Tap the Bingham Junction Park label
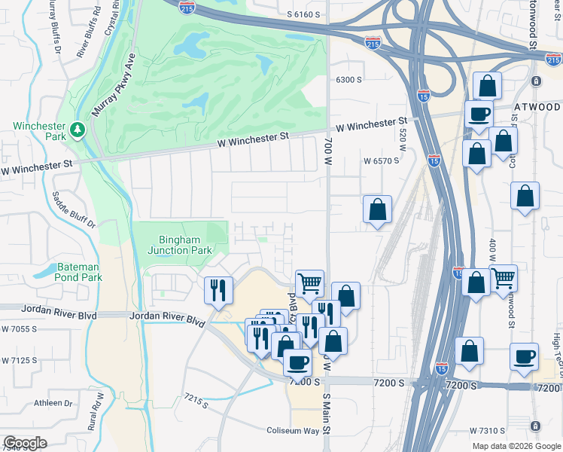pyautogui.click(x=179, y=244)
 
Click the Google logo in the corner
pyautogui.click(x=25, y=443)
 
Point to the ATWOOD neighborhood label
pyautogui.click(x=537, y=108)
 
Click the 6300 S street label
pyautogui.click(x=349, y=80)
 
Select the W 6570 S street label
pyautogui.click(x=381, y=161)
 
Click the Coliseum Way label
pyautogui.click(x=294, y=431)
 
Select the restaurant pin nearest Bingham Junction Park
pyautogui.click(x=219, y=290)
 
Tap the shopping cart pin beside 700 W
pyautogui.click(x=309, y=283)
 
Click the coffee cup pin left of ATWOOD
pyautogui.click(x=479, y=114)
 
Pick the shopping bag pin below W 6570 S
pyautogui.click(x=377, y=209)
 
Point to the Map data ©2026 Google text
pyautogui.click(x=516, y=445)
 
